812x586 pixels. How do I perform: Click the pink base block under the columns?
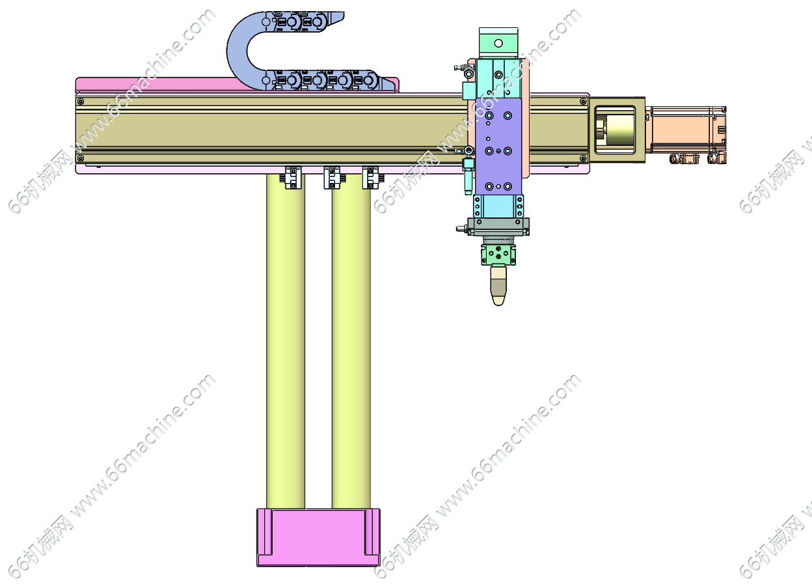click(318, 537)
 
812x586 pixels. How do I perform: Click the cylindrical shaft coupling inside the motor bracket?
click(615, 130)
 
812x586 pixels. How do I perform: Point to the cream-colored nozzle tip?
click(498, 285)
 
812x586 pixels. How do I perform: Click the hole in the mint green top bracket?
click(498, 43)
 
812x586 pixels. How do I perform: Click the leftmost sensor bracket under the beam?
click(292, 178)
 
